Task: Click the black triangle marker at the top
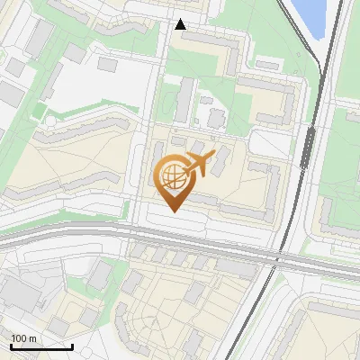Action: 181,24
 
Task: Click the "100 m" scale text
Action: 23,338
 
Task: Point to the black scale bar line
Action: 41,346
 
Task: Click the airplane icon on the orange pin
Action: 198,164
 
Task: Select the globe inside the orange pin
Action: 172,176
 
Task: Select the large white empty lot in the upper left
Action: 90,85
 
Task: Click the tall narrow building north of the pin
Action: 184,100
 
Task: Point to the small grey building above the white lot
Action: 107,64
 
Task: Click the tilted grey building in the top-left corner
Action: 40,36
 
